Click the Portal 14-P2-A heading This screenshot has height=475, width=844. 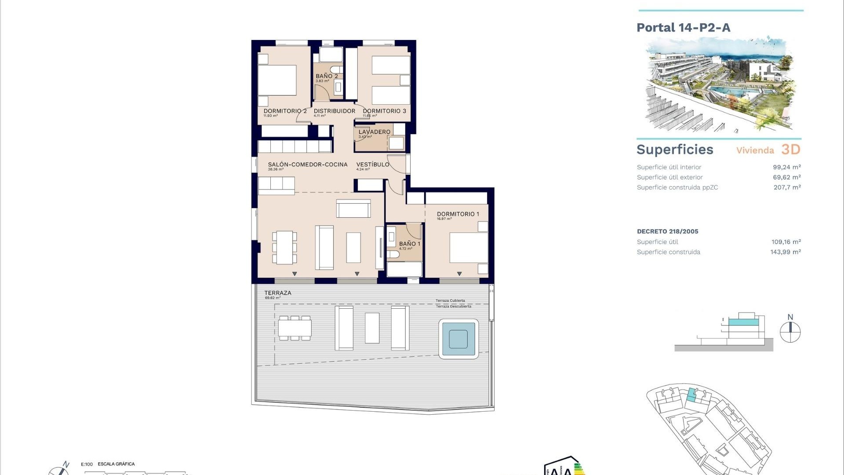point(683,28)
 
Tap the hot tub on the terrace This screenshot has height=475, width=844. point(458,339)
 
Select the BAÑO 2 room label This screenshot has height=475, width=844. point(327,76)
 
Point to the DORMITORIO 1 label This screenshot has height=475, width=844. point(458,214)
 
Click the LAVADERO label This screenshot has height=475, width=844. point(374,132)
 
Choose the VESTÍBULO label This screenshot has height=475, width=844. point(372,164)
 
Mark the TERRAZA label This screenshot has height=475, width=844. point(277,293)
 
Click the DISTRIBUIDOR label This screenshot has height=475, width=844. point(334,111)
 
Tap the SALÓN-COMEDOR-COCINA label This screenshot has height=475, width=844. point(307,164)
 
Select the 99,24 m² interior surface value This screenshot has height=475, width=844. point(786,167)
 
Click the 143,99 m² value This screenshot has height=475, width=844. point(785,252)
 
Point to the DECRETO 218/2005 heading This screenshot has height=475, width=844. point(667,231)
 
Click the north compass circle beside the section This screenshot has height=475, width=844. point(790,332)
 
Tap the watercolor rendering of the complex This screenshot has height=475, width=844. point(719,84)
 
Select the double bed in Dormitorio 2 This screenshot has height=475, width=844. point(277,80)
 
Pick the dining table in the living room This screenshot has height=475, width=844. point(284,247)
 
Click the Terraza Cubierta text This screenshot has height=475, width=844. point(450,301)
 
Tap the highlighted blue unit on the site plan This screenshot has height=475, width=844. point(692,395)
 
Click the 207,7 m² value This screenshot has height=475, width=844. point(787,187)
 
